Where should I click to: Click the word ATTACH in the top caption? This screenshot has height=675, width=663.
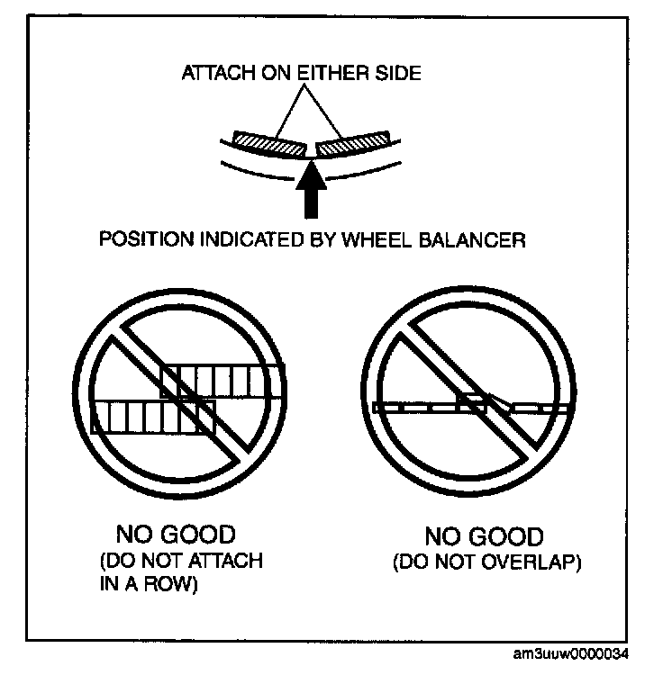[210, 73]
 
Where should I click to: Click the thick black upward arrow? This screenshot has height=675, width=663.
[312, 189]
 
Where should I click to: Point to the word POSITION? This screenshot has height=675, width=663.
[138, 240]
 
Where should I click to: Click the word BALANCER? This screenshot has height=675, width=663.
[480, 240]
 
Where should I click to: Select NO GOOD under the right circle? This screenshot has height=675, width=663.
[484, 538]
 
